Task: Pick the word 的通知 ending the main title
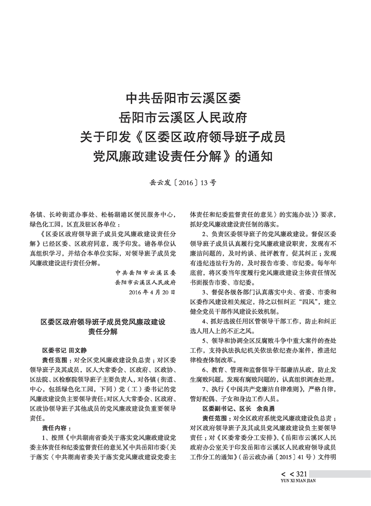[254, 156]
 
